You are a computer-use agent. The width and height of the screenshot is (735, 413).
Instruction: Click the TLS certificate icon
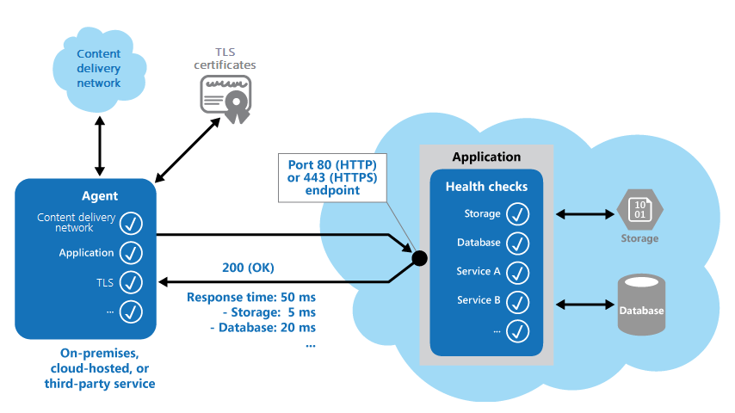[x=225, y=96]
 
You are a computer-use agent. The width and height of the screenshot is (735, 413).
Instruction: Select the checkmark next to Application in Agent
[x=130, y=253]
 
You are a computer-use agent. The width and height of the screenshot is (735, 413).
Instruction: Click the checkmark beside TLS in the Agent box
[x=130, y=281]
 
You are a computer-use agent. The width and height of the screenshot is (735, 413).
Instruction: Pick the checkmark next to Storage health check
[x=517, y=213]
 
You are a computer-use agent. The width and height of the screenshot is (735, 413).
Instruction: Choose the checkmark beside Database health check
[x=517, y=243]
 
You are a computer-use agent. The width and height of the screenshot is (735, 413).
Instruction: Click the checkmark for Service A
[x=517, y=272]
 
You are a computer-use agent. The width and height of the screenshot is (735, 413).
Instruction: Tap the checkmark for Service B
[x=517, y=301]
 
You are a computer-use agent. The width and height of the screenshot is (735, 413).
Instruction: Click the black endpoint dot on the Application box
[x=420, y=257]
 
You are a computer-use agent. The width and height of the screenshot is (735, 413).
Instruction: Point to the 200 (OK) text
[x=250, y=267]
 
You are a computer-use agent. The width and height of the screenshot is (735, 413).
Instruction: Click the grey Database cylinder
[x=640, y=305]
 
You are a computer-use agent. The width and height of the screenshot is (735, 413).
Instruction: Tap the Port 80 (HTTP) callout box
[x=330, y=176]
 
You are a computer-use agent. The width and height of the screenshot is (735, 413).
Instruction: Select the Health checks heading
[x=486, y=187]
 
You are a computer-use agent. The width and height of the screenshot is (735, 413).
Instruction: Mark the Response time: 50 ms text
[x=250, y=298]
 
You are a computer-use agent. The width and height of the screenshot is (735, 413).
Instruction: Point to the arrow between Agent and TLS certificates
[x=186, y=148]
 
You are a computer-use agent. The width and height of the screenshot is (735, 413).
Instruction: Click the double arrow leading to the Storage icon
[x=584, y=213]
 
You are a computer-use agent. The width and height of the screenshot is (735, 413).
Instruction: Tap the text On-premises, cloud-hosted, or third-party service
[x=100, y=368]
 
